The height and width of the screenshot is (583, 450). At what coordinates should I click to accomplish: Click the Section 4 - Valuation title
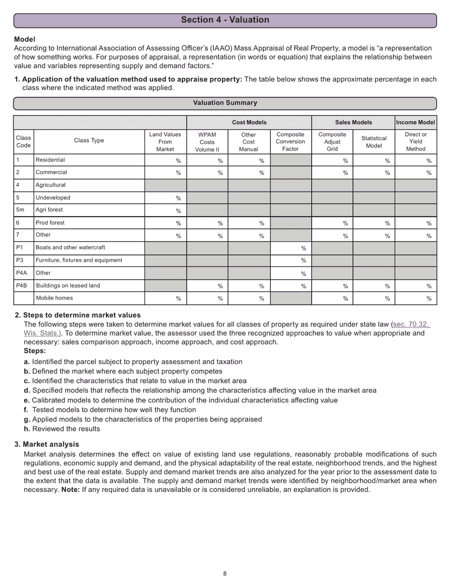(225, 20)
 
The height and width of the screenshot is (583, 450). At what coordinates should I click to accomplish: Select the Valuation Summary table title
(225, 103)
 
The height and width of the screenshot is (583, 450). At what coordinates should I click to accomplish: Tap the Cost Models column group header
(249, 122)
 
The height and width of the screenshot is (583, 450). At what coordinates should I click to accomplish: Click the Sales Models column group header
(353, 122)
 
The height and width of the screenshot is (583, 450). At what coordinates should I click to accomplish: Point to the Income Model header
(415, 122)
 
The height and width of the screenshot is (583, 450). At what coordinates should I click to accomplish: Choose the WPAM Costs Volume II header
(207, 142)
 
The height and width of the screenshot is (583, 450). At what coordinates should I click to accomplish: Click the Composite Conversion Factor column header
(290, 142)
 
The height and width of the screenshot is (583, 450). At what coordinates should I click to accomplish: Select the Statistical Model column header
(374, 142)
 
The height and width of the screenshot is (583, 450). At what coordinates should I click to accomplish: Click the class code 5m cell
(20, 210)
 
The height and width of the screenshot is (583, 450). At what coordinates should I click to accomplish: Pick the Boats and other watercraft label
(70, 247)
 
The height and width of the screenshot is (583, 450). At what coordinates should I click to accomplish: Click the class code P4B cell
(22, 286)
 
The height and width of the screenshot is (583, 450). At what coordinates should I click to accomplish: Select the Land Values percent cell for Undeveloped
(165, 198)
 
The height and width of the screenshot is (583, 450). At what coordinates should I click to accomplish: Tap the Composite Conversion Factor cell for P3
(290, 260)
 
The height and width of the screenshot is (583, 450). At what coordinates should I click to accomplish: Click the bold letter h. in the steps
(27, 429)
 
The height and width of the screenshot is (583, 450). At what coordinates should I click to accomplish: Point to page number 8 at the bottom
(225, 574)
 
